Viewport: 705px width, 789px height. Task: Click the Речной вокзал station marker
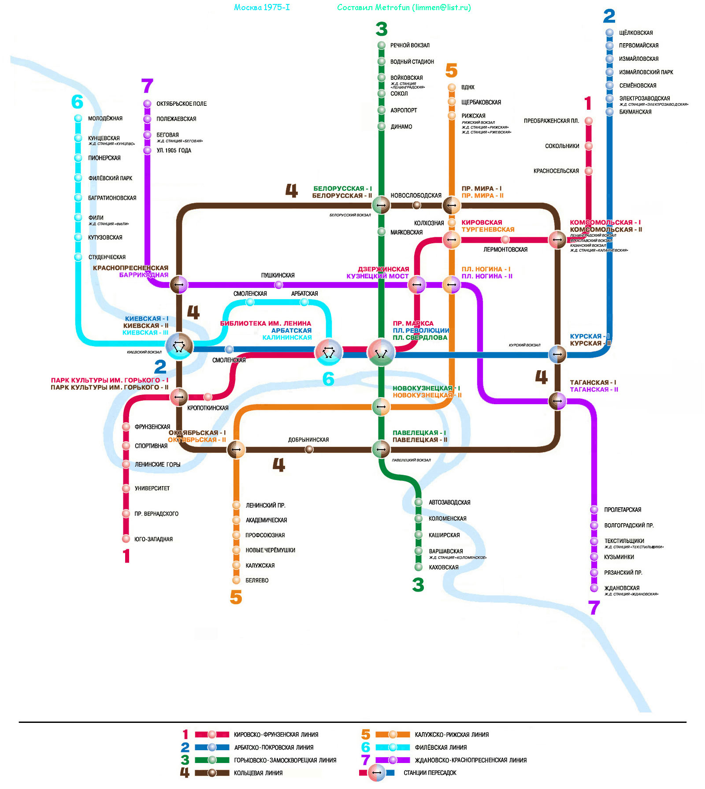pyautogui.click(x=382, y=45)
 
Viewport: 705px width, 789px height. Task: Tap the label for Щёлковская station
pyautogui.click(x=635, y=33)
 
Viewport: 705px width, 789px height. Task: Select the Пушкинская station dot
pyautogui.click(x=278, y=285)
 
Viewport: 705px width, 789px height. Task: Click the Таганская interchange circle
pyautogui.click(x=557, y=401)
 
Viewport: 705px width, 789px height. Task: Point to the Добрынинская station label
pyautogui.click(x=308, y=439)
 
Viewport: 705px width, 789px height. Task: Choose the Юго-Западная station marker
pyautogui.click(x=126, y=539)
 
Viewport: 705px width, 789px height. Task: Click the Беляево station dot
pyautogui.click(x=236, y=580)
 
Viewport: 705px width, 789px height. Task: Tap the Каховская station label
pyautogui.click(x=443, y=567)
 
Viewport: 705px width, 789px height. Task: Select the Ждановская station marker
pyautogui.click(x=594, y=588)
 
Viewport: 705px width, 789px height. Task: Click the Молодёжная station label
pyautogui.click(x=105, y=118)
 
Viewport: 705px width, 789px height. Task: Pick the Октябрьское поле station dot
pyautogui.click(x=147, y=104)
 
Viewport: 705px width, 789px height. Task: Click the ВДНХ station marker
pyautogui.click(x=452, y=87)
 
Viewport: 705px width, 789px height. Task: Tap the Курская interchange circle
pyautogui.click(x=557, y=354)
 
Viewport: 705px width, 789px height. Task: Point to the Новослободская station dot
pyautogui.click(x=416, y=205)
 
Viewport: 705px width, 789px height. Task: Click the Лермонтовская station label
pyautogui.click(x=505, y=249)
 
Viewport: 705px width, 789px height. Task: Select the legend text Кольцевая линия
pyautogui.click(x=258, y=773)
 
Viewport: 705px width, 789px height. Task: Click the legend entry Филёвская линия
pyautogui.click(x=440, y=747)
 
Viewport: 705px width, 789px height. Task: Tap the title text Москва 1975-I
pyautogui.click(x=262, y=7)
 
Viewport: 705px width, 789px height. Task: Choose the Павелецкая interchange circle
pyautogui.click(x=381, y=450)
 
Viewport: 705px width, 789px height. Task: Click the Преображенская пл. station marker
pyautogui.click(x=589, y=121)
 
